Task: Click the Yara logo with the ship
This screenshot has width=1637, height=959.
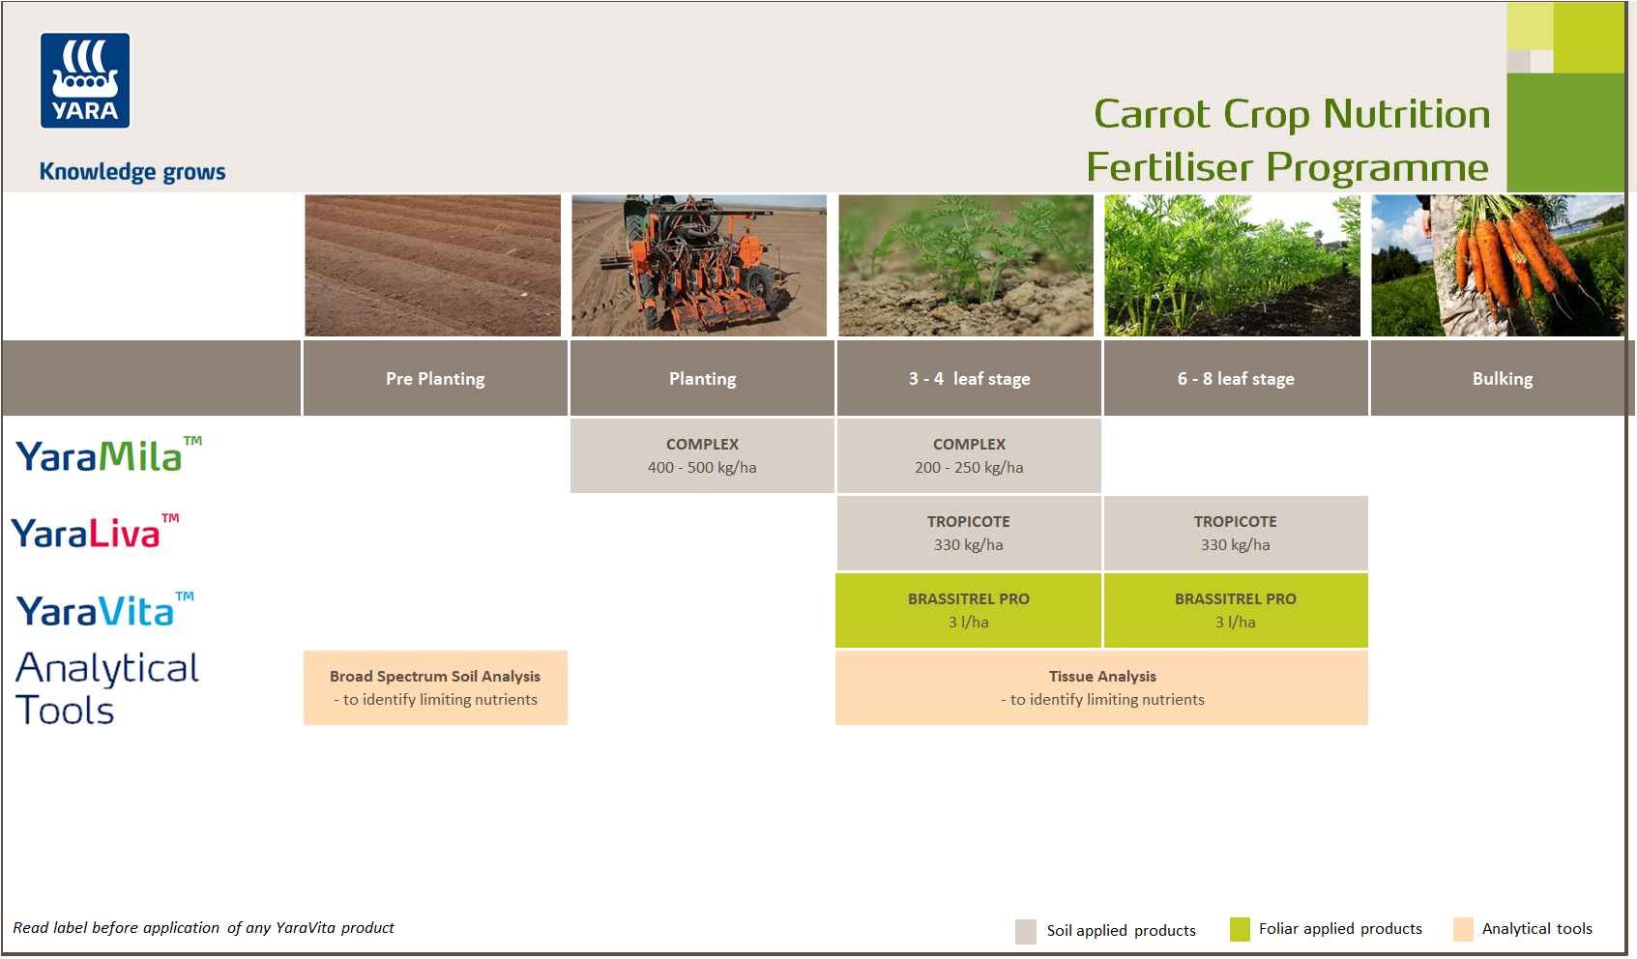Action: click(x=85, y=81)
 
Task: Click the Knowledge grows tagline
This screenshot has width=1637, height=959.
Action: click(x=132, y=172)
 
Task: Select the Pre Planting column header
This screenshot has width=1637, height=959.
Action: click(x=435, y=379)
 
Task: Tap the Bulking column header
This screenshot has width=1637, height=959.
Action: click(x=1502, y=379)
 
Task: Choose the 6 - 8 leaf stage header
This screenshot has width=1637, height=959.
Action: click(x=1236, y=379)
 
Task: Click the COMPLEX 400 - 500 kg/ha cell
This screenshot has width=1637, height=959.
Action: click(x=702, y=456)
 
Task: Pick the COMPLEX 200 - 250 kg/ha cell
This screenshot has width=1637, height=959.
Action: click(x=969, y=456)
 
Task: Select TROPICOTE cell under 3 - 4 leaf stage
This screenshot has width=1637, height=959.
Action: click(x=969, y=534)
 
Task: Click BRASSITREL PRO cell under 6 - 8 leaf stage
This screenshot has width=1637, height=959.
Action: click(x=1236, y=611)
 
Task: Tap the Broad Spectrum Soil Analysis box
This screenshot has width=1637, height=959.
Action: click(x=435, y=687)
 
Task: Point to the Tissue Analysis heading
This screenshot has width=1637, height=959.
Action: click(x=1102, y=677)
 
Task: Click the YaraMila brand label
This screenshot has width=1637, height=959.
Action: click(x=106, y=456)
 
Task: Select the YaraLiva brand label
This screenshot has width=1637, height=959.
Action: click(x=93, y=533)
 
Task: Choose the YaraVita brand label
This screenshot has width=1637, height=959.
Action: click(x=102, y=611)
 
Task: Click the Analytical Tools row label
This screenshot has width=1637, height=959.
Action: click(x=106, y=688)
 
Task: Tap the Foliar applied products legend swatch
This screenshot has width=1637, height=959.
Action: click(x=1240, y=929)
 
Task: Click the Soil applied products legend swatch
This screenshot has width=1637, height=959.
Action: click(x=1026, y=931)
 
